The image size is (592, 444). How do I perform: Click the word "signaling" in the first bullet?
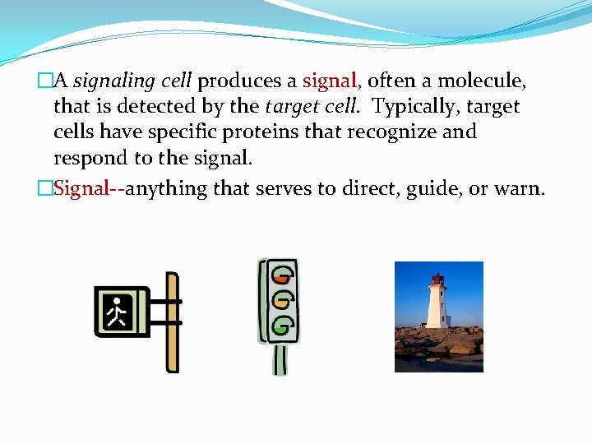coord(113,81)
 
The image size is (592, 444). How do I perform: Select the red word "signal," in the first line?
coord(331,81)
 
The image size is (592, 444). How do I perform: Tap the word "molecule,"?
coord(482,81)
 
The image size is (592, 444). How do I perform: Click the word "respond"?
coord(88,157)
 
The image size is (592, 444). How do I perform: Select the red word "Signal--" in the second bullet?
coord(89,188)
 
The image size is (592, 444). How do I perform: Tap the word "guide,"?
coord(430,188)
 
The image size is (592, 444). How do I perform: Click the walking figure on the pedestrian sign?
coord(119,312)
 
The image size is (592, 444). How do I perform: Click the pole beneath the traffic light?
coord(280,358)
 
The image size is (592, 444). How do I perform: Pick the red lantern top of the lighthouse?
coord(437,280)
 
